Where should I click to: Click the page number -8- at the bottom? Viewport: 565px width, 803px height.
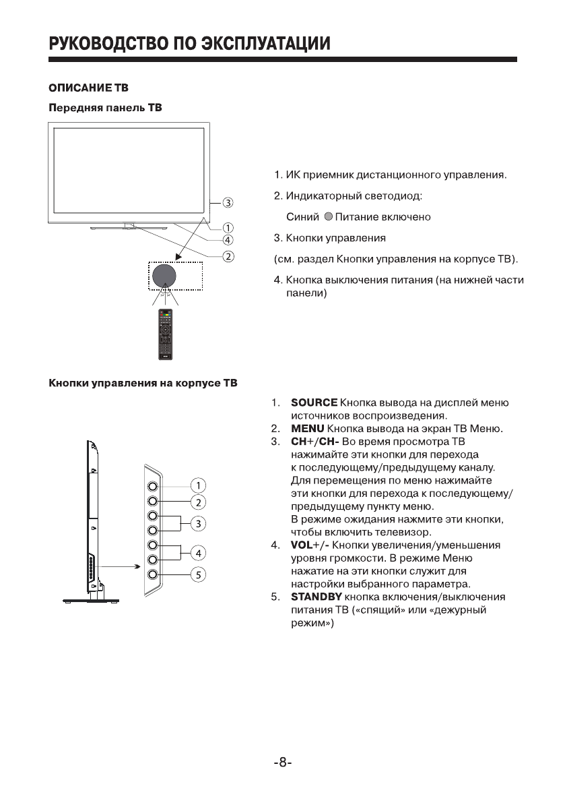point(283,763)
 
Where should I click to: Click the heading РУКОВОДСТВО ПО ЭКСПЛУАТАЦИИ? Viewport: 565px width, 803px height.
point(189,44)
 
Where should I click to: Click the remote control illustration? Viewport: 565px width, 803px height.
point(164,335)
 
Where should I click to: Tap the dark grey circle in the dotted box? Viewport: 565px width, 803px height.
point(164,275)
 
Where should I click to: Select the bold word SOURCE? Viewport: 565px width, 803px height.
point(314,403)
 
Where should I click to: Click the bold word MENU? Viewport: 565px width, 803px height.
point(308,429)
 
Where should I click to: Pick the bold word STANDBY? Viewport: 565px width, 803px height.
point(317,597)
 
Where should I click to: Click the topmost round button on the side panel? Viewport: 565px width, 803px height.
point(153,485)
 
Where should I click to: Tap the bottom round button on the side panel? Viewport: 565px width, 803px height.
point(153,574)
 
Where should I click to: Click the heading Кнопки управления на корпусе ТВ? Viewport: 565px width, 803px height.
point(143,384)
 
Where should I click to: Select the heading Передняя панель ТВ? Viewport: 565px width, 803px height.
point(105,108)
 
